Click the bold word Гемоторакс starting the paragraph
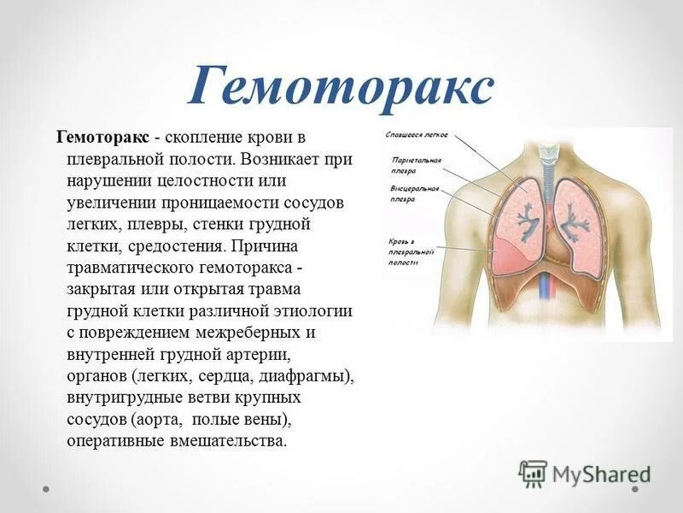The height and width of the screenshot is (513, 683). click(103, 138)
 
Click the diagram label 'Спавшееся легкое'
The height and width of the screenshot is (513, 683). click(417, 134)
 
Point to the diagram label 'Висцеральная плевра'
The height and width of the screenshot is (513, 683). click(415, 192)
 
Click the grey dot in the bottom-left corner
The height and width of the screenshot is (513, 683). click(47, 490)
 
